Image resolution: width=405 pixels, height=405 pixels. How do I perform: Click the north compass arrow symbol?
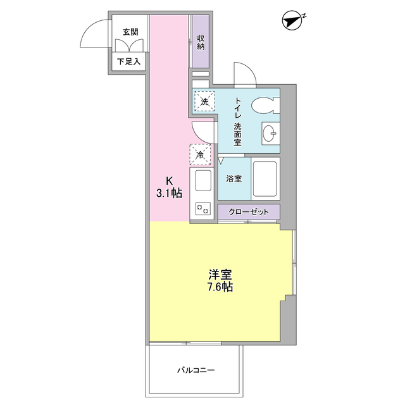(292, 21)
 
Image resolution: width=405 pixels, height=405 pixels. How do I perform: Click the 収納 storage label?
(201, 42)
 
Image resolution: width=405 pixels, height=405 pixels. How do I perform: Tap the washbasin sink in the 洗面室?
(270, 134)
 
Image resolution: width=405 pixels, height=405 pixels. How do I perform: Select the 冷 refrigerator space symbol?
(200, 154)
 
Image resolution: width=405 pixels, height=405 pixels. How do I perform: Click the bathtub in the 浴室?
(266, 179)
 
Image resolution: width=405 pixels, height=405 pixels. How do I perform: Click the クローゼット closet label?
(248, 212)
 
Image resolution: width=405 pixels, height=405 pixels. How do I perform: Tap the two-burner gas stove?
(203, 208)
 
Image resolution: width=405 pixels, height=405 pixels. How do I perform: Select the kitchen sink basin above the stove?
(203, 182)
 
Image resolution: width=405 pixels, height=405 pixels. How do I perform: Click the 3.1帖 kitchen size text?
(169, 194)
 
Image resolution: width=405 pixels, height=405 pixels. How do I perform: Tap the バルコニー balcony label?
(196, 370)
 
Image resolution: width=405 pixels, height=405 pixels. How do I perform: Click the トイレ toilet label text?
(239, 107)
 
